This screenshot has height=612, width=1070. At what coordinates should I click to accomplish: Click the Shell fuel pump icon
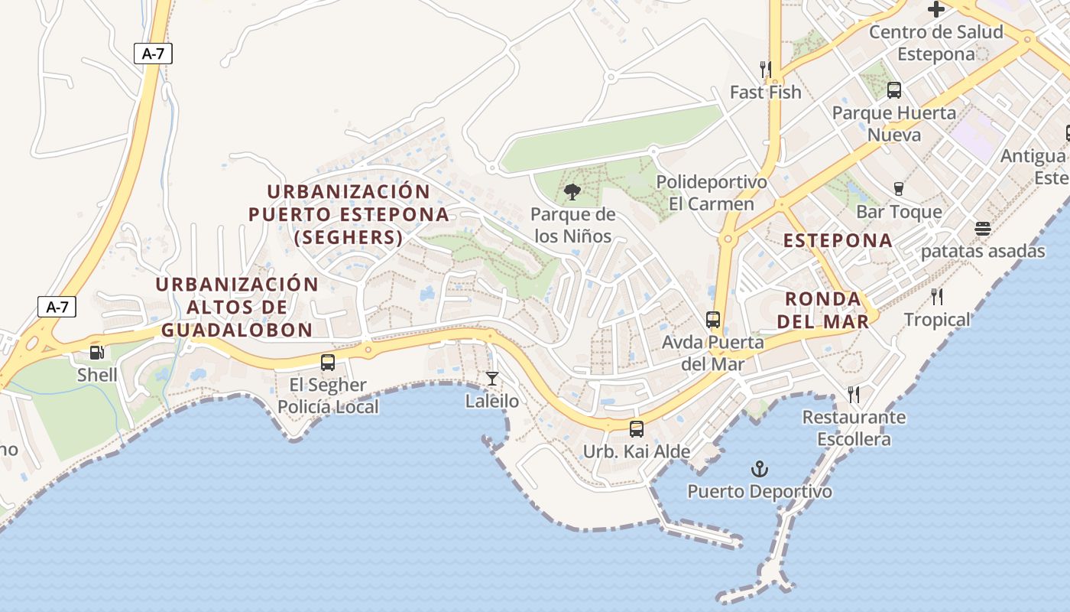point(97,353)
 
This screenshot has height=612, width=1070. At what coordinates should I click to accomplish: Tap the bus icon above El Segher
point(328,363)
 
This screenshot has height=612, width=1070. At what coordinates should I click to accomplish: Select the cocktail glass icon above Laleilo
point(492,379)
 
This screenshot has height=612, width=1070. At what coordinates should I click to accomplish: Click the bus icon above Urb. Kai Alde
point(637,429)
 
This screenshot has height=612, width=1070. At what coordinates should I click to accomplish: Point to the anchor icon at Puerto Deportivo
point(760,468)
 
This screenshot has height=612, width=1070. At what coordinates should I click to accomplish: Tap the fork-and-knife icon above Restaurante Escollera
point(854,395)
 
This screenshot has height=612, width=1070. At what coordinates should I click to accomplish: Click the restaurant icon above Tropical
point(937,297)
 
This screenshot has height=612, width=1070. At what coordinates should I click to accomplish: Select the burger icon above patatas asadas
point(983,229)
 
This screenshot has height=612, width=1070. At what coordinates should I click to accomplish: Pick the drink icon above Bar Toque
point(899,189)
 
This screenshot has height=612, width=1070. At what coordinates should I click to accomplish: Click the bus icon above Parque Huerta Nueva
point(894,90)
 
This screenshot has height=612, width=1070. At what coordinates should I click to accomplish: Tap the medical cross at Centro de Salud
point(936,9)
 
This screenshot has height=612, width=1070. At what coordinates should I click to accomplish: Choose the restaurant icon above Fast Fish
point(766,70)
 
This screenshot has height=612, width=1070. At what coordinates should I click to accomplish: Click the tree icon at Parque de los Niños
point(572,192)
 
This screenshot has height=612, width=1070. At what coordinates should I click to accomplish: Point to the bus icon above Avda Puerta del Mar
point(713,320)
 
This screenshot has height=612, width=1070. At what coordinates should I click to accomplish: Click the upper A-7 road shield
point(154,54)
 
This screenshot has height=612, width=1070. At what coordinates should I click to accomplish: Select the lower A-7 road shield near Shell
point(57,307)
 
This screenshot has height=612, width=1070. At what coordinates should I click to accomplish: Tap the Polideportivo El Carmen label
point(712,194)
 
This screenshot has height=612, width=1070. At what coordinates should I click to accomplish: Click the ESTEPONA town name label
point(838,240)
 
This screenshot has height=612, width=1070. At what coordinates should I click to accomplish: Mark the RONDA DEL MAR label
point(823,310)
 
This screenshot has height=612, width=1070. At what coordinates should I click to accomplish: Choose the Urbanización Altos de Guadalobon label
point(237,307)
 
